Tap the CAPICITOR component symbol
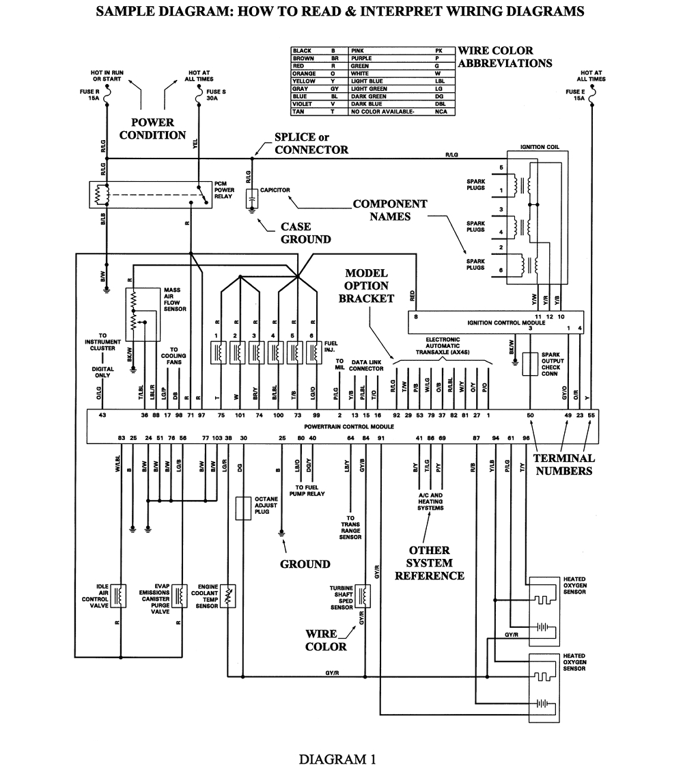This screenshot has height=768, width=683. [x=251, y=197]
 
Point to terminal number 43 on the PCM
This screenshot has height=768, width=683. [x=102, y=415]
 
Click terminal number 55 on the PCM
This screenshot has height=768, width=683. [x=591, y=415]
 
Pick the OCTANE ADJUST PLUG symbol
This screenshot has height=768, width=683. [x=242, y=508]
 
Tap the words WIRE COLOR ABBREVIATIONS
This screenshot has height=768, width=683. [x=505, y=57]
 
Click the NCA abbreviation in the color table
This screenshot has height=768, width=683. [x=441, y=111]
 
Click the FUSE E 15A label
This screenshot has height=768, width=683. [x=575, y=95]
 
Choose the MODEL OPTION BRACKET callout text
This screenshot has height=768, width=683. [x=366, y=286]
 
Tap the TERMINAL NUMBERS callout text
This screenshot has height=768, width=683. [x=564, y=464]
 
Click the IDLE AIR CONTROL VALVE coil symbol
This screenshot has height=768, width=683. [x=120, y=595]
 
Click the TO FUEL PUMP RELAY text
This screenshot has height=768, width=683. [x=307, y=490]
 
